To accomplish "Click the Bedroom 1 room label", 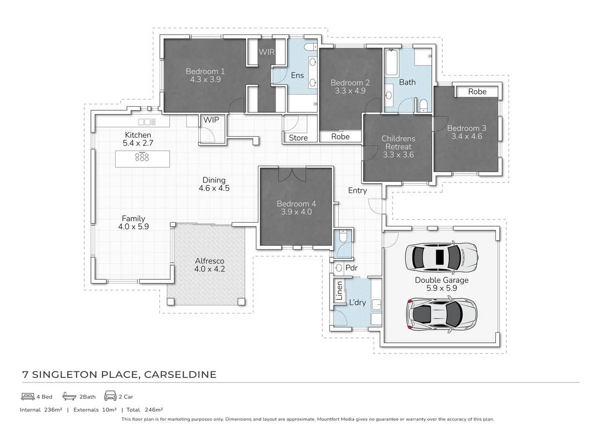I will [x=205, y=71].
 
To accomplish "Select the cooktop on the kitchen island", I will [x=142, y=158].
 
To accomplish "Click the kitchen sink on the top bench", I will [x=147, y=122].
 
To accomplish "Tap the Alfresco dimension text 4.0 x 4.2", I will [x=209, y=269].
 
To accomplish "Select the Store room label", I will [x=298, y=138].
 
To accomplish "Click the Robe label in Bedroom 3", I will [x=477, y=92].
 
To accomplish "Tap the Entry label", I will [x=358, y=190].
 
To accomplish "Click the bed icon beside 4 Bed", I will [x=28, y=396].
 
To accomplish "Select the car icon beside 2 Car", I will [x=110, y=396].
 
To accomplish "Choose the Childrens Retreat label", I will [x=398, y=142].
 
